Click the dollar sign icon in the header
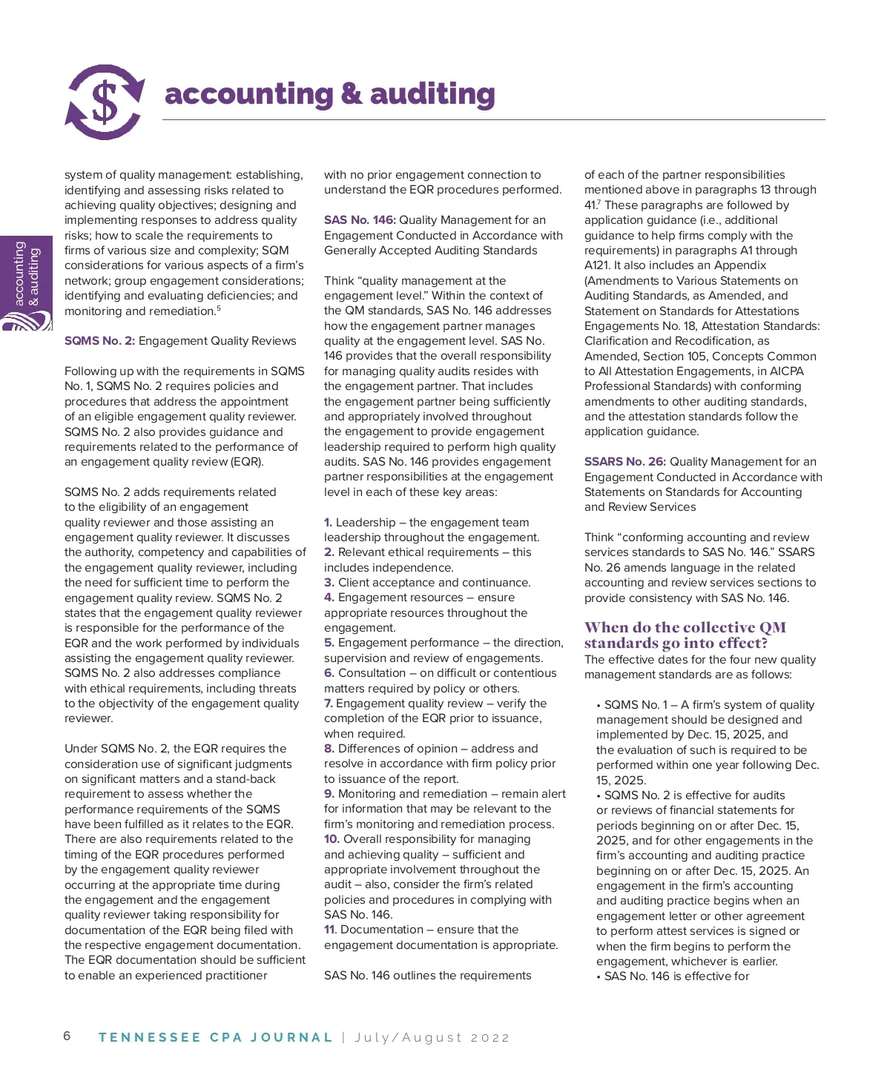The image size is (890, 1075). [x=105, y=102]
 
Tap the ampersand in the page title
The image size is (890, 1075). [x=351, y=95]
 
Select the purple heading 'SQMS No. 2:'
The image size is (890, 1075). [x=99, y=341]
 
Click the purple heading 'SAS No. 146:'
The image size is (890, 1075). [x=360, y=220]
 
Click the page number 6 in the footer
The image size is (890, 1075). [x=67, y=1036]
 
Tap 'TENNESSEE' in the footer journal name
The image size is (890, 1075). [x=149, y=1037]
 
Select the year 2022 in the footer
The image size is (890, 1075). [x=490, y=1037]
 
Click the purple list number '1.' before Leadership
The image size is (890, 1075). [x=329, y=523]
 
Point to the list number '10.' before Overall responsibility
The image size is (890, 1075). [x=332, y=839]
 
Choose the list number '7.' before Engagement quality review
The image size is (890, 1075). [x=329, y=704]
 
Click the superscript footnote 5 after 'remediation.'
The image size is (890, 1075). [x=219, y=308]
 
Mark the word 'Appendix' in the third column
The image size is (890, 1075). [x=741, y=265]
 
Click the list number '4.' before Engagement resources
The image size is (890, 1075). [x=329, y=598]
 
